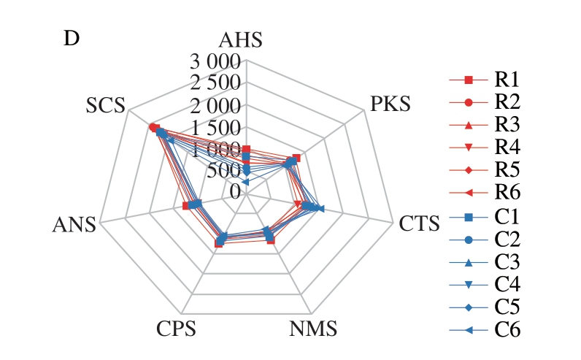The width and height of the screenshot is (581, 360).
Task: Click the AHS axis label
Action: click(245, 41)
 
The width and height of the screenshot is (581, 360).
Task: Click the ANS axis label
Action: click(74, 224)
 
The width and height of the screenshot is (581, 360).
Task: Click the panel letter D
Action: click(72, 39)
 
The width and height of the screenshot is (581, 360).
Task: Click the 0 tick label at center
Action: click(234, 191)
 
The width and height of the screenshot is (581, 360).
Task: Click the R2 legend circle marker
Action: click(469, 102)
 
